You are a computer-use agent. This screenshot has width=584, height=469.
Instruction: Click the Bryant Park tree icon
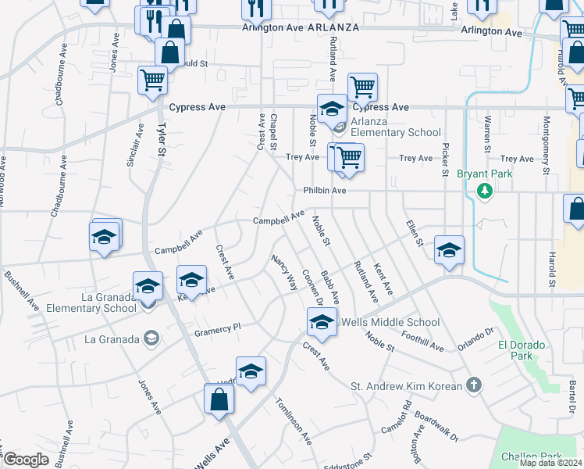point(485,190)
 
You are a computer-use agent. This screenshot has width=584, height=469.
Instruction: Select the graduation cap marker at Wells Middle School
point(322,321)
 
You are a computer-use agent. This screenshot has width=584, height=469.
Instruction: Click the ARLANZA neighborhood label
point(333,27)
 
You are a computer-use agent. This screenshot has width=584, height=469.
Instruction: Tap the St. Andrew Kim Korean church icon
point(473,385)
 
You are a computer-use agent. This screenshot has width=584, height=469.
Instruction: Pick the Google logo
point(26,460)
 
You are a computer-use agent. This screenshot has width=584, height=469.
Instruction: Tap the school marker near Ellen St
point(449,251)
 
